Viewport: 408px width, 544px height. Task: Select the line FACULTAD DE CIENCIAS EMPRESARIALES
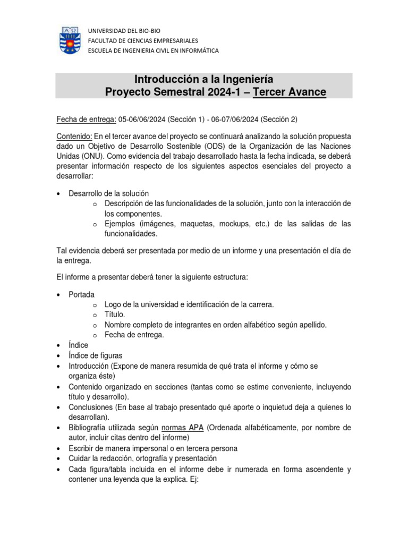coord(143,40)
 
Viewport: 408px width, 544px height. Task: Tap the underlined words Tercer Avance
coord(290,92)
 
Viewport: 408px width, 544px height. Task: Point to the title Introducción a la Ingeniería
coord(204,80)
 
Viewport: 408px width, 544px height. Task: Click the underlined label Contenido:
coord(74,135)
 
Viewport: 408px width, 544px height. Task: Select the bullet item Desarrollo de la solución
coord(109,193)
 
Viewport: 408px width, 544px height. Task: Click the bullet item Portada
coord(82,294)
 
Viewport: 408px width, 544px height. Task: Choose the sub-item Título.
coord(115,314)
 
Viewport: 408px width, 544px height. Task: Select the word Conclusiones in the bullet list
coord(91,407)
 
